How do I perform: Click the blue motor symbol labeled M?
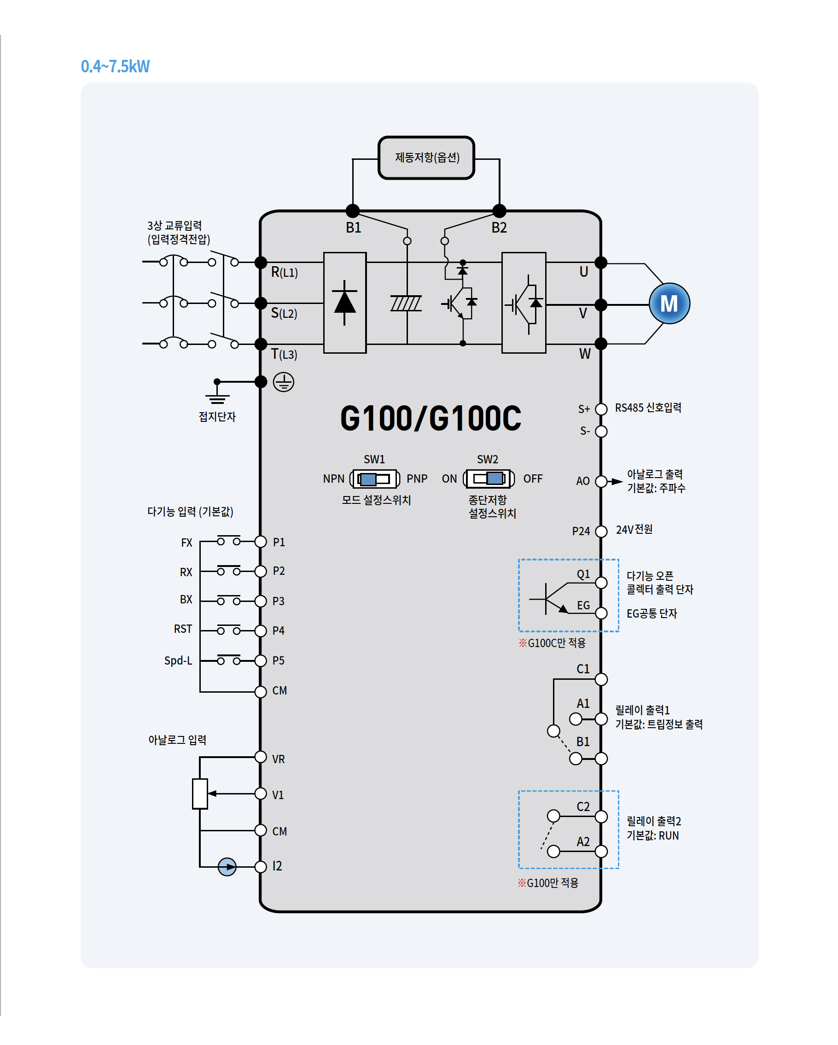click(669, 304)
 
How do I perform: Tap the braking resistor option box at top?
click(426, 158)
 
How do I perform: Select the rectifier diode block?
click(344, 303)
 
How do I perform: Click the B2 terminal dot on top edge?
click(499, 211)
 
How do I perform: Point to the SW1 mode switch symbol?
click(374, 479)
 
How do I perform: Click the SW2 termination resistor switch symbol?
click(488, 479)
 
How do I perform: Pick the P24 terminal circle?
click(601, 531)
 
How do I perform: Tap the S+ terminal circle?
click(601, 409)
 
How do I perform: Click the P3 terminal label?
click(278, 601)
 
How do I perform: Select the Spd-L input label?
click(178, 660)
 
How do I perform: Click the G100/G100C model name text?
click(431, 418)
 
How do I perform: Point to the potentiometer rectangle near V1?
click(200, 794)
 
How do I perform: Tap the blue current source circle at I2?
click(227, 867)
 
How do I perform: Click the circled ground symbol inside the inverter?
click(284, 382)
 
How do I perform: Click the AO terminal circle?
click(601, 481)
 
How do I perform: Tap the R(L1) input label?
click(284, 272)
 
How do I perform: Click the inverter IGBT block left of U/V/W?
click(524, 303)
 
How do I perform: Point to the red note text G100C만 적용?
click(552, 643)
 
